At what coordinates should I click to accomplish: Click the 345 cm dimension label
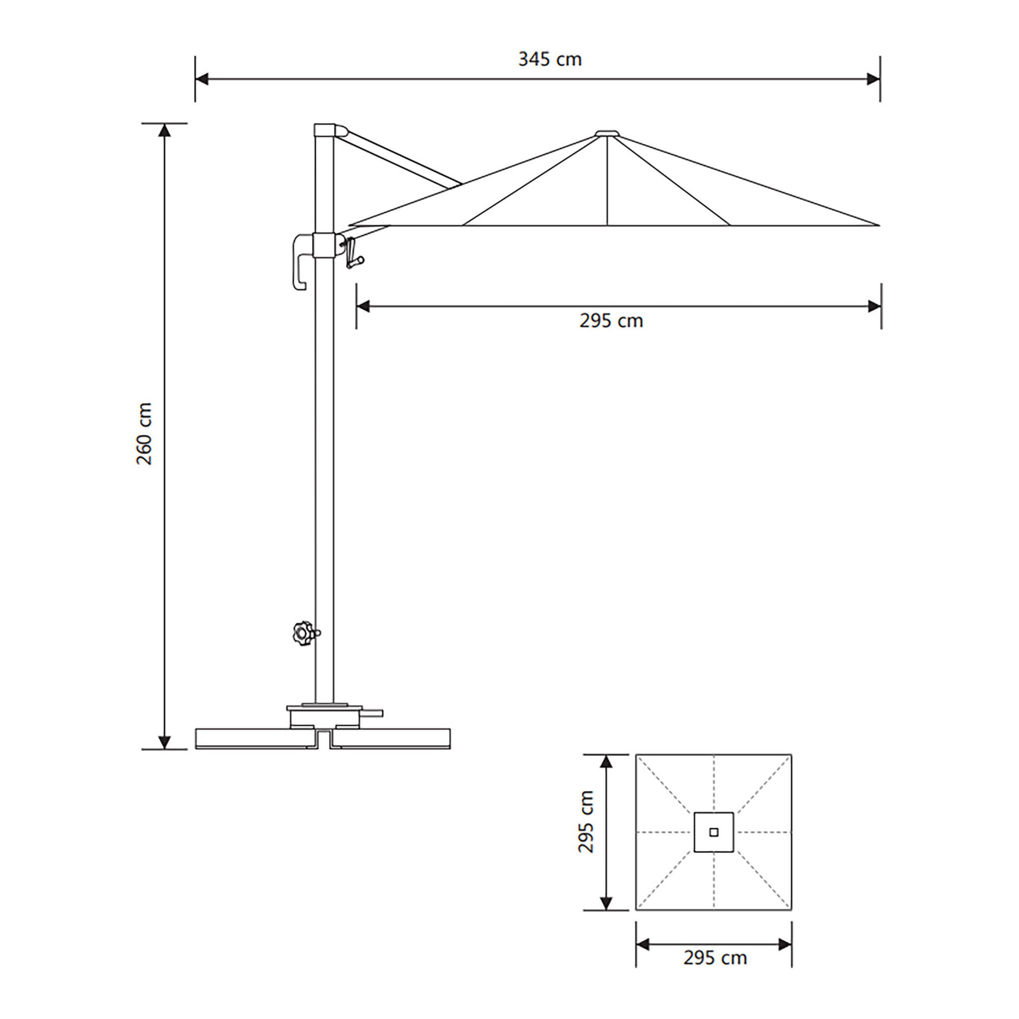550,59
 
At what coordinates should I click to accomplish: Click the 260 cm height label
145,434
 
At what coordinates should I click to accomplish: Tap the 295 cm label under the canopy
611,320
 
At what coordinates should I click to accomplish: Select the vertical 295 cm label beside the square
586,822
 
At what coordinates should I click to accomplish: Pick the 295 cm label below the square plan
715,958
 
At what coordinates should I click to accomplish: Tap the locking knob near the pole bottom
302,633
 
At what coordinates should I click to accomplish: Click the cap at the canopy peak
607,134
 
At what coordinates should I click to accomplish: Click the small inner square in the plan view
713,832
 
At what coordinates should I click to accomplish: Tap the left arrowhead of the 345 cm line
201,80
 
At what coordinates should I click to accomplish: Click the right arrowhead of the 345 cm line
874,80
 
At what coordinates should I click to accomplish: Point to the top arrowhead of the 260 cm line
164,130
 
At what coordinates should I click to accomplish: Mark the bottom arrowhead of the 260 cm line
164,742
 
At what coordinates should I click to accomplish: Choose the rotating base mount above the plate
324,716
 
